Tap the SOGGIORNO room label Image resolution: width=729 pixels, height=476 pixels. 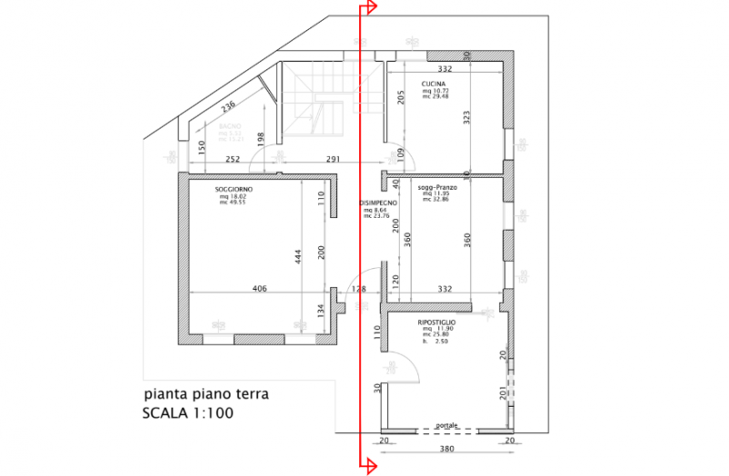[234, 189]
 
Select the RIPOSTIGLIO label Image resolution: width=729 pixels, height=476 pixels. [437, 323]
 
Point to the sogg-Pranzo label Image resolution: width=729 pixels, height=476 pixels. [436, 187]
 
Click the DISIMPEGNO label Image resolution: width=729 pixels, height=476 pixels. [378, 202]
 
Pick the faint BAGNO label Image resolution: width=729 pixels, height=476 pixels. [229, 127]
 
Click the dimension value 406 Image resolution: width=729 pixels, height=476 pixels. [259, 289]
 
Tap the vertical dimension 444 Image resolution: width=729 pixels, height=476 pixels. [297, 258]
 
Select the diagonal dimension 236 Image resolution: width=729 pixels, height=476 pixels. [228, 108]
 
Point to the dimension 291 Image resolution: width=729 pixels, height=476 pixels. [333, 160]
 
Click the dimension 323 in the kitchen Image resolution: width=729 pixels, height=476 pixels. [467, 117]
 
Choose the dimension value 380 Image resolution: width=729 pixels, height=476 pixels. [446, 450]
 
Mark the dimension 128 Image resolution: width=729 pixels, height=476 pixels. [358, 289]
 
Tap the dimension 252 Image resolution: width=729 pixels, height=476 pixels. [232, 160]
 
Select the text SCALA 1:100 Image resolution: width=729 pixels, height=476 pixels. [189, 413]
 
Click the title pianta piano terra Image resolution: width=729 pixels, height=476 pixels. [207, 395]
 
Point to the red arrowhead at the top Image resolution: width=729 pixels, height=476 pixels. [369, 8]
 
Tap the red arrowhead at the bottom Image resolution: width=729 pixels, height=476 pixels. [369, 467]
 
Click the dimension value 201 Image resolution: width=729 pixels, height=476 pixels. [502, 394]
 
